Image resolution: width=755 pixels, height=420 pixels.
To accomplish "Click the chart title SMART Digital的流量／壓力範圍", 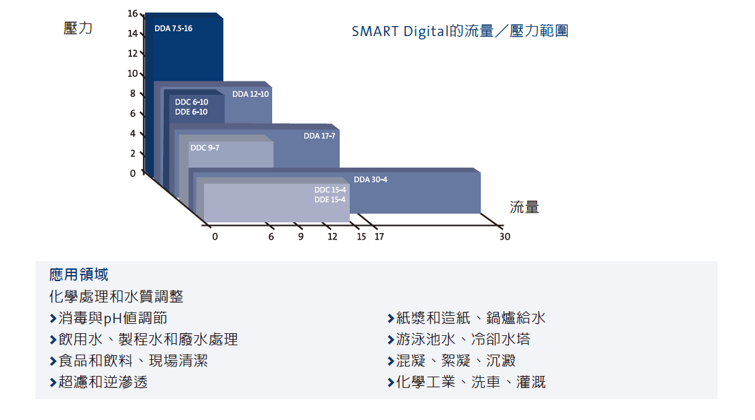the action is coord(460,31).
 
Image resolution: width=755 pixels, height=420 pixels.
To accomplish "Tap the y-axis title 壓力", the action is coord(78,28).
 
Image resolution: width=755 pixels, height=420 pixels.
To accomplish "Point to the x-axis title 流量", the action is coord(524,207).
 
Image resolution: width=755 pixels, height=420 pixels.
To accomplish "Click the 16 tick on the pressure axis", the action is coord(132,13).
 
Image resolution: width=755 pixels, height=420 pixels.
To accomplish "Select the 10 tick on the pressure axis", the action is coord(132,73).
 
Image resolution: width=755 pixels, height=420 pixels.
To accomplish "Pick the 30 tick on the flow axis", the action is coord(505,236).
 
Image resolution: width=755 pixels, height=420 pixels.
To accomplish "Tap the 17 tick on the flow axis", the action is coord(379,236).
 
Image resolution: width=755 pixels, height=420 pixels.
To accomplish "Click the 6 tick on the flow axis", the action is coord(271,236).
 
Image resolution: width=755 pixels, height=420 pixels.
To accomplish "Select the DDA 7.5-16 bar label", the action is coord(173,28).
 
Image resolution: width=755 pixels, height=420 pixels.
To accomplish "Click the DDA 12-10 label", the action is coord(250,94).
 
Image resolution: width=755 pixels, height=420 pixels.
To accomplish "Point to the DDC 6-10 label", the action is coord(192,102).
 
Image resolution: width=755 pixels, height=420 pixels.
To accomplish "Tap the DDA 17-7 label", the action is coord(319,136).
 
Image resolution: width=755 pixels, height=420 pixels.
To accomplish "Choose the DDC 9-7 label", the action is coord(205,148).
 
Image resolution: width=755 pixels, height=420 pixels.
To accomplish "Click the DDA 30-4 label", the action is coord(370,179).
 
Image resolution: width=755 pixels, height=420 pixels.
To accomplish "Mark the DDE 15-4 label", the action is coord(330,200).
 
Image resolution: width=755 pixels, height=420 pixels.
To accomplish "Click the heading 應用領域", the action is coord(79,274).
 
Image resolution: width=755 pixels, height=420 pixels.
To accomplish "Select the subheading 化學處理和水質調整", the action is coord(116,296).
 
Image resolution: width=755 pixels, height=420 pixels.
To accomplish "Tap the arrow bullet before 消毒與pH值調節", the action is coord(53,318).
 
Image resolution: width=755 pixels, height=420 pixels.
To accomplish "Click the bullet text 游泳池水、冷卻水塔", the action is coord(463,339).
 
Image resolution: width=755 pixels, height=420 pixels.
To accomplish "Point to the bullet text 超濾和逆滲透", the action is coord(103,382).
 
